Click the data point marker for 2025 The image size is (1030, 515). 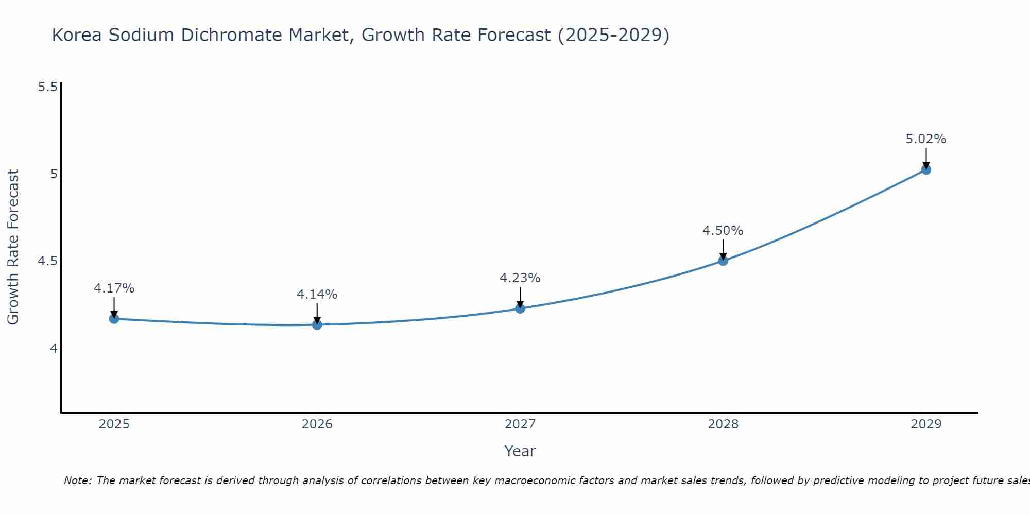point(114,319)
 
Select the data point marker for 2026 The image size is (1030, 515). point(317,324)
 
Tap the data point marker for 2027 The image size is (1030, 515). point(520,308)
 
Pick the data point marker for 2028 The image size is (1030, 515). point(723,261)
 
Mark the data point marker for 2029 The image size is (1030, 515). point(925,169)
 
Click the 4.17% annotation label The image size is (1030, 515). point(114,288)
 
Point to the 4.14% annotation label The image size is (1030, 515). point(317,295)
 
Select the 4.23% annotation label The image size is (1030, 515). point(520,278)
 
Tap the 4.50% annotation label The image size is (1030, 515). point(723,231)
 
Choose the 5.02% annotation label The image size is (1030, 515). point(925,139)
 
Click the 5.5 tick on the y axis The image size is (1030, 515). point(47,87)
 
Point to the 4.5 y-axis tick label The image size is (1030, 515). point(47,261)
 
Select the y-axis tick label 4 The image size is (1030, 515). point(54,349)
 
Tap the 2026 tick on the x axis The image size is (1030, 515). point(317,424)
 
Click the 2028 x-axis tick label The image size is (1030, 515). point(723,424)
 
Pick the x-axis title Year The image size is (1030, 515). point(520,451)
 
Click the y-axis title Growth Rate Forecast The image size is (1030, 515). point(13,247)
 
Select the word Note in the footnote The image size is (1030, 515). point(77,480)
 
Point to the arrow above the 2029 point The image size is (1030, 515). point(925,158)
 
